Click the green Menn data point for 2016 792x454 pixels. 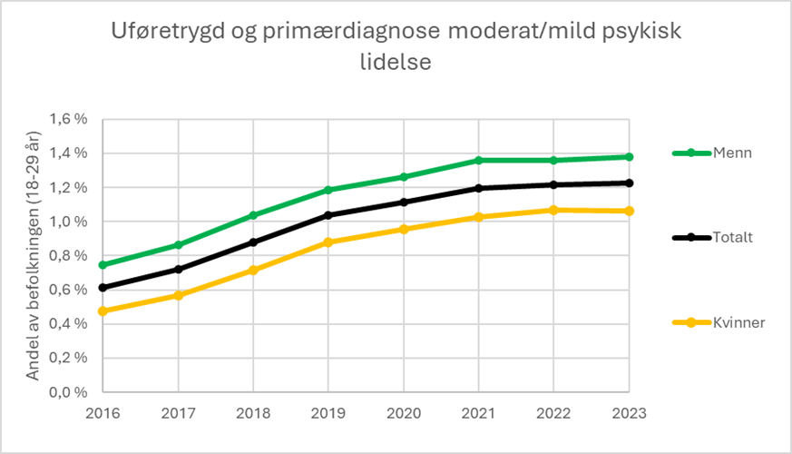click(x=103, y=265)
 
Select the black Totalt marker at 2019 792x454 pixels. click(x=328, y=215)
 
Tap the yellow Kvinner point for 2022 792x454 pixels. click(x=553, y=210)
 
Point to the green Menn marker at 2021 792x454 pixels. click(x=478, y=161)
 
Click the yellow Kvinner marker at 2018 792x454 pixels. click(x=253, y=270)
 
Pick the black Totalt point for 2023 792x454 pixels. click(x=629, y=183)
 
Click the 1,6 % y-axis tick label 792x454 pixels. click(x=68, y=119)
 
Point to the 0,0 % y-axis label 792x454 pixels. click(x=68, y=392)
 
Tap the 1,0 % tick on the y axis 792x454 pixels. click(x=68, y=222)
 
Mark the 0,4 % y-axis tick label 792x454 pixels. click(x=68, y=324)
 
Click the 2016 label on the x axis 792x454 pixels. click(x=103, y=413)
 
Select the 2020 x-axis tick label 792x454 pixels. click(x=404, y=413)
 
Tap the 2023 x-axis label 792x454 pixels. click(x=629, y=413)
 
